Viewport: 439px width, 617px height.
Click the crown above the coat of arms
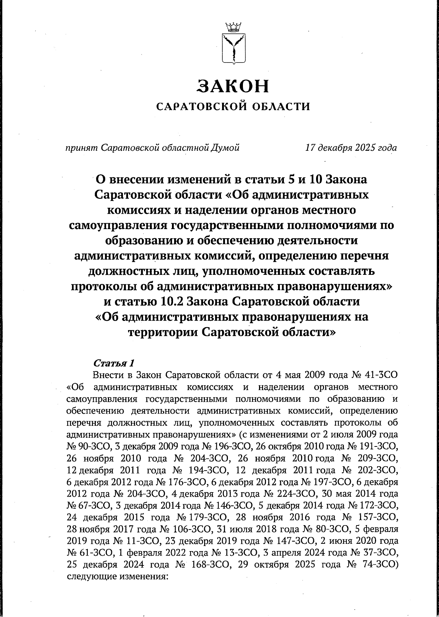[234, 27]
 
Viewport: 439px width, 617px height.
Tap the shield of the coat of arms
[234, 49]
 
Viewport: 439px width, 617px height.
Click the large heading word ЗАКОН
[233, 87]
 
